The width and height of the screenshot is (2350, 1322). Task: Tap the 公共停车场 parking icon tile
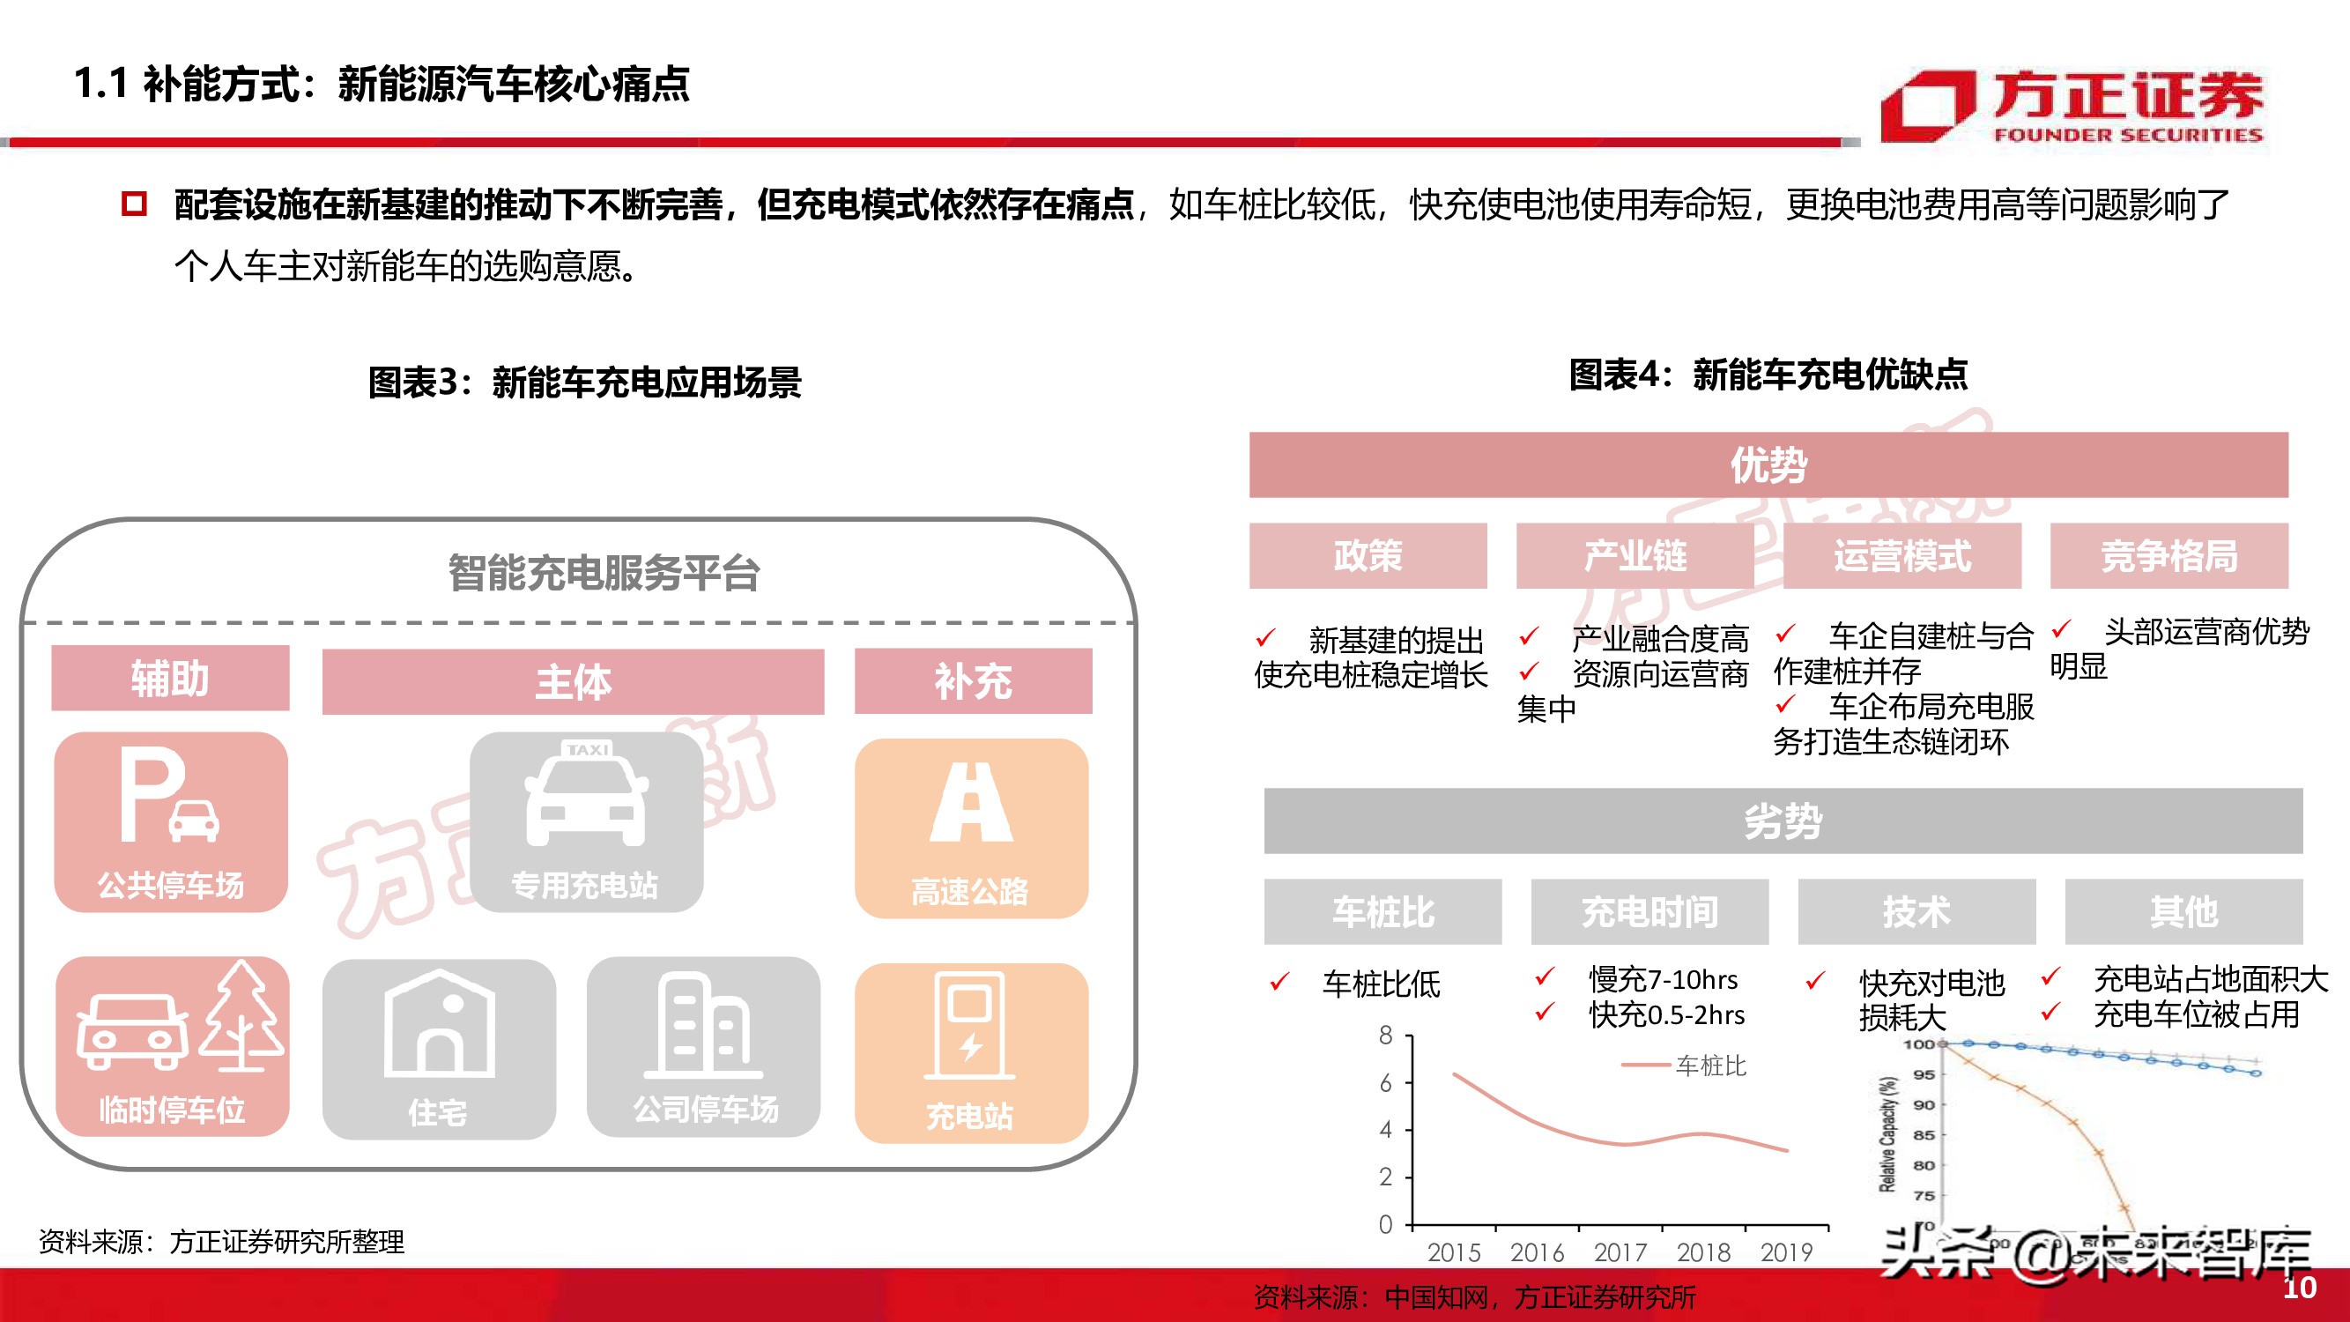tap(171, 821)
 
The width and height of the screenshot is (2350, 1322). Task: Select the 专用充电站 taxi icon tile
tap(586, 821)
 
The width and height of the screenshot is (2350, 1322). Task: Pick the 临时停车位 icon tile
tap(173, 1045)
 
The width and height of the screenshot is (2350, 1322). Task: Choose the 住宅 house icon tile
tap(439, 1048)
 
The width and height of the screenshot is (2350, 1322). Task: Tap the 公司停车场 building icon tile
tap(703, 1046)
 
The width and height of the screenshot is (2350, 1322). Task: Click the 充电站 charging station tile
tap(971, 1052)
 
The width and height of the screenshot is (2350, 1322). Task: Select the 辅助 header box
tap(171, 678)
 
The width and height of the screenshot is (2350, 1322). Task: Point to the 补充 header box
tap(973, 680)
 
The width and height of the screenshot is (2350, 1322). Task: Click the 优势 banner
tap(1768, 464)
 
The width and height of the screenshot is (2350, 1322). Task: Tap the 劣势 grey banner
tap(1783, 821)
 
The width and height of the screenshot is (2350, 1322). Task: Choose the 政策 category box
tap(1368, 555)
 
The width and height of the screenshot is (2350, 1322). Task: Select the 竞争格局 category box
tap(2168, 555)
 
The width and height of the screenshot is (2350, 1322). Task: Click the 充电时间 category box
tap(1649, 911)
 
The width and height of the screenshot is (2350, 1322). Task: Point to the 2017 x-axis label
tap(1620, 1251)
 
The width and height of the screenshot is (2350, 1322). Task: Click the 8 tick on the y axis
tap(1386, 1036)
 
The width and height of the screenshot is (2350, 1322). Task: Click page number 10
tap(2299, 1288)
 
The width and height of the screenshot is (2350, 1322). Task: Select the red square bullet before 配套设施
tap(134, 203)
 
